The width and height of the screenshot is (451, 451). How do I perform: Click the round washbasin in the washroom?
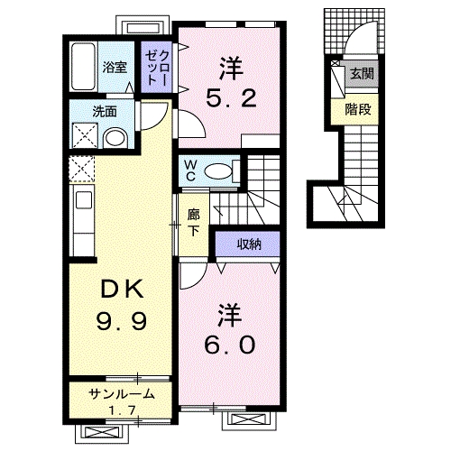coord(115,138)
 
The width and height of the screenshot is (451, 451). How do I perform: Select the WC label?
coord(190,169)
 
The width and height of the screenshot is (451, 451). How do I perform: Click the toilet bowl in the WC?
coord(219,169)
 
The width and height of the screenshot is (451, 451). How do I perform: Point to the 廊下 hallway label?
coord(193,223)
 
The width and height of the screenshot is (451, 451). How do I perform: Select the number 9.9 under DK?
coord(117,319)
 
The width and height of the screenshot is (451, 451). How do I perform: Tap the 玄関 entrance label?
coord(362,74)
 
